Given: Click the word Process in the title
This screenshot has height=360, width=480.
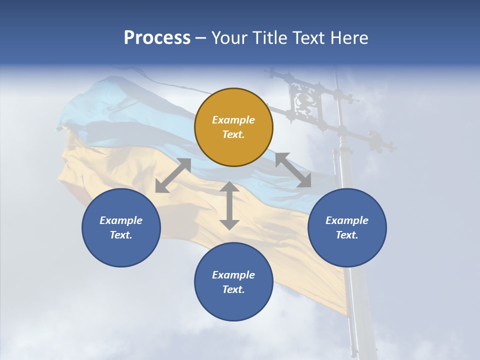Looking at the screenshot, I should [x=157, y=37].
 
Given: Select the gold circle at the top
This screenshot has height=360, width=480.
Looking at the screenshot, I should [x=233, y=127].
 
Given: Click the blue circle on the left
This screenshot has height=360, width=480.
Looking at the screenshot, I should [x=121, y=227].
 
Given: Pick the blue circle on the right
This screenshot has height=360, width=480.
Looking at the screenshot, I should [x=347, y=227].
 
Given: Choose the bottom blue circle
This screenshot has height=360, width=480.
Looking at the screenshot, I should [x=233, y=281].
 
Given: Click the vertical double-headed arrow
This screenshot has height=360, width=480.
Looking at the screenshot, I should [x=229, y=205].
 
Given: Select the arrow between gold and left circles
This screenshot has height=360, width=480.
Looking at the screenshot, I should [x=173, y=175].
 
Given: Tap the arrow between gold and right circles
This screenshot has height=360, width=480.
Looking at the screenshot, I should [x=293, y=170].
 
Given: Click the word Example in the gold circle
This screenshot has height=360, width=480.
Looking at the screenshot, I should [x=233, y=120].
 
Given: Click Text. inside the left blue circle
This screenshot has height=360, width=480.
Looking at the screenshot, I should [x=121, y=235].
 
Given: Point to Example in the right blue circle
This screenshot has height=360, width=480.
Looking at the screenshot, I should [x=347, y=220].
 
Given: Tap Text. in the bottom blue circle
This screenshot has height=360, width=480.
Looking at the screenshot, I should [x=233, y=289].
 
